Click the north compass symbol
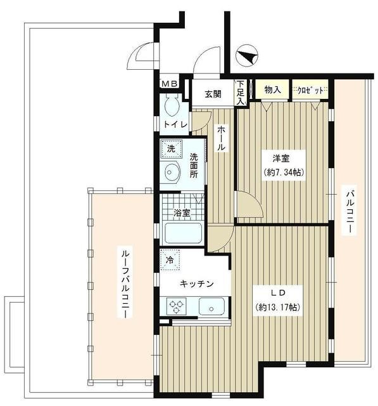coord(246,55)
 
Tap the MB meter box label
coord(169,83)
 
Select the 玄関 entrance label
coord(213,94)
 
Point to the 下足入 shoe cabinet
coord(241,93)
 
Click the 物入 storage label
coord(273,90)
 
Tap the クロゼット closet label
coord(310,90)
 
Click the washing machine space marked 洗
coord(171,148)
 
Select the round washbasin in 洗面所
coord(170,172)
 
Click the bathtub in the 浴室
coord(183,233)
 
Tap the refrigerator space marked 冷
coord(170,260)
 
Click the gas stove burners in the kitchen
coord(176,306)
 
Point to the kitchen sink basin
coord(211,306)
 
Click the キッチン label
coord(197,284)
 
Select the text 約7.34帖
coord(284,172)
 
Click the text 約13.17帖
coord(278,307)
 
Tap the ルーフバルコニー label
coord(125,282)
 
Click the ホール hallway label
coord(221,138)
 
